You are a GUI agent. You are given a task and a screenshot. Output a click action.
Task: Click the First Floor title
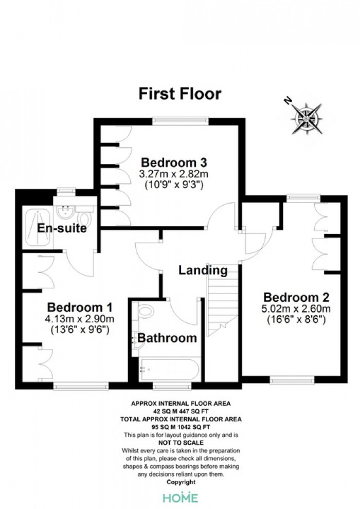pos(180,94)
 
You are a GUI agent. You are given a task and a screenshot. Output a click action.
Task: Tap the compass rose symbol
pos(307,118)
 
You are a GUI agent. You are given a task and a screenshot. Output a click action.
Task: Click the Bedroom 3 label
pos(174,162)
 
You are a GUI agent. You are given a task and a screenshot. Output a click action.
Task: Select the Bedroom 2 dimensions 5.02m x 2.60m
pos(296,308)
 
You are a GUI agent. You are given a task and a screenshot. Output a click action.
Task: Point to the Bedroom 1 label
pos(80,307)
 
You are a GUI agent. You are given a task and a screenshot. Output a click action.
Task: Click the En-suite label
pos(62,228)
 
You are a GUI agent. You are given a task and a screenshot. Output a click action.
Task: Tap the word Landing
pos(203,270)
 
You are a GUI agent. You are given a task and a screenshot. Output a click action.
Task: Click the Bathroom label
pos(167,338)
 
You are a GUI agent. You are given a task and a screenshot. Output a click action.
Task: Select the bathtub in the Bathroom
pos(169,370)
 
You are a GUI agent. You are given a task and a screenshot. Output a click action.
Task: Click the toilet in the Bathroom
pos(145,311)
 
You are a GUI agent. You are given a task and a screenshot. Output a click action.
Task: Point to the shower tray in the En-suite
pos(38,228)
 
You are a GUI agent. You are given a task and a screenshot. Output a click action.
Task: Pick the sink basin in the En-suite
pos(66,212)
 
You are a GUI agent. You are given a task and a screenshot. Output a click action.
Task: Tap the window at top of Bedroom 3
pos(181,121)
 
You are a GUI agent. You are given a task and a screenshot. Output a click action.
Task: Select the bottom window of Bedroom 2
pos(292,379)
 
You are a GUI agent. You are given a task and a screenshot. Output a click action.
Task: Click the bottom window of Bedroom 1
pos(81,385)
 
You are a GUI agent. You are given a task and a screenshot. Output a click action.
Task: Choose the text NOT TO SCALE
pos(181,443)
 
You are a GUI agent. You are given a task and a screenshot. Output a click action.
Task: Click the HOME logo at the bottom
pos(181,498)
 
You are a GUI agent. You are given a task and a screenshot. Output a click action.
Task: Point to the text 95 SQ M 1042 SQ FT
pos(181,427)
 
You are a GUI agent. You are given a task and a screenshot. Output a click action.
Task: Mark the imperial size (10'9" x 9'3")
pos(174,185)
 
